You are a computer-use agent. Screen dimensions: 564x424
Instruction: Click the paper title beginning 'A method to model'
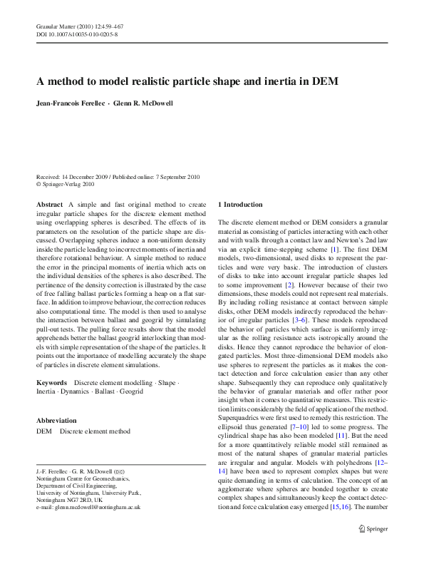pyautogui.click(x=187, y=81)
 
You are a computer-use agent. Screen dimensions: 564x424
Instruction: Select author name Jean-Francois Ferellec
pyautogui.click(x=70, y=103)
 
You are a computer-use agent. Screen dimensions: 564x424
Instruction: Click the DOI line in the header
pyautogui.click(x=77, y=34)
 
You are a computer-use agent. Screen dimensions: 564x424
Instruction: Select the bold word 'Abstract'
pyautogui.click(x=49, y=205)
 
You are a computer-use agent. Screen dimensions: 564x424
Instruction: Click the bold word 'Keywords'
pyautogui.click(x=51, y=383)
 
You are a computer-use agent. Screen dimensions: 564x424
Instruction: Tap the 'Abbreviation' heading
pyautogui.click(x=56, y=421)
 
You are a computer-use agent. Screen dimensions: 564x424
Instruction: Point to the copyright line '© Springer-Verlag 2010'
pyautogui.click(x=65, y=183)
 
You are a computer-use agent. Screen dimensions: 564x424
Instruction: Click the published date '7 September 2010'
pyautogui.click(x=172, y=176)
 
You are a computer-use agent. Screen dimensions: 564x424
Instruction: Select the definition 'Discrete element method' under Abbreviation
pyautogui.click(x=95, y=431)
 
